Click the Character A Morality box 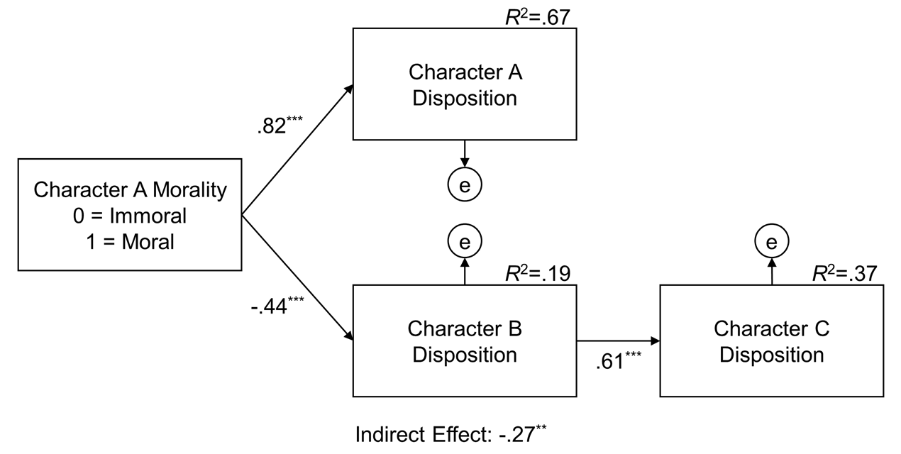coord(130,216)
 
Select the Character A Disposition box coord(464,84)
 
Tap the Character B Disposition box coord(464,341)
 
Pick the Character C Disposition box coord(771,341)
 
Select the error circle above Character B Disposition coord(465,242)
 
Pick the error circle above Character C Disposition coord(771,242)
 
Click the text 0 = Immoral coord(130,216)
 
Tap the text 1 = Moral coord(130,241)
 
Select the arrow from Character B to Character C coord(617,341)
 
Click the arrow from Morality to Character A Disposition coord(298,150)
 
